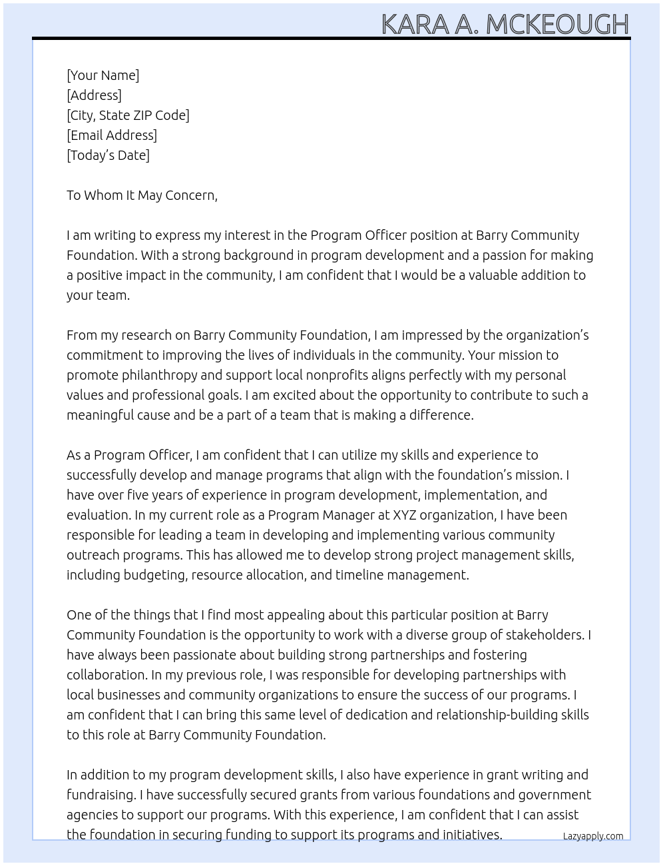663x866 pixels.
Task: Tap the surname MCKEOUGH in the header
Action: coord(557,24)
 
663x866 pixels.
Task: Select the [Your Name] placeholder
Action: coord(103,75)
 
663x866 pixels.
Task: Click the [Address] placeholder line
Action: coord(94,95)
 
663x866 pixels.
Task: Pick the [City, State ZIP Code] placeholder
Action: coord(128,115)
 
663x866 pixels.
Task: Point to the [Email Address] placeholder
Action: coord(112,135)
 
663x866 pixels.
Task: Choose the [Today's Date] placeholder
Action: coord(108,155)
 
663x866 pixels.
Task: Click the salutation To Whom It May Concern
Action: coord(142,195)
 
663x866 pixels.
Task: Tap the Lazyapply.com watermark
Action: coord(592,836)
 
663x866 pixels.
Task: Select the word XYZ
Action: coord(405,515)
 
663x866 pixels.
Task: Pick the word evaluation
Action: coord(98,515)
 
